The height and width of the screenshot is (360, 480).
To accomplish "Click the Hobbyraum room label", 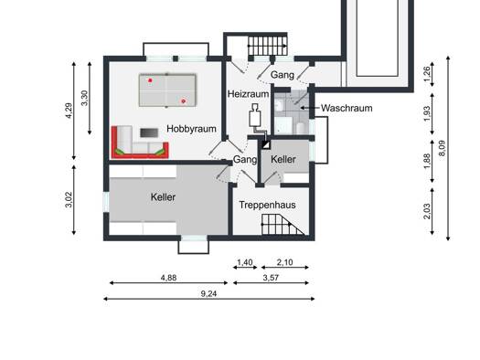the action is (x=191, y=129).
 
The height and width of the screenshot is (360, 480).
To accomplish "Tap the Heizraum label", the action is (x=249, y=94).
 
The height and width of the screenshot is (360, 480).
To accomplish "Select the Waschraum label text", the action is (x=347, y=108).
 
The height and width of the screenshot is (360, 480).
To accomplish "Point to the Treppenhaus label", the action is (x=267, y=205).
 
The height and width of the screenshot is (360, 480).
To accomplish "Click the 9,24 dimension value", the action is (x=208, y=293).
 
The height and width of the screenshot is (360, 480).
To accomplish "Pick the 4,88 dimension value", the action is (x=168, y=278).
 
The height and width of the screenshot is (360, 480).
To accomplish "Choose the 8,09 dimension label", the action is (x=442, y=148).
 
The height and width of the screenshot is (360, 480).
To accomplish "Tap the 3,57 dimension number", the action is (x=271, y=278).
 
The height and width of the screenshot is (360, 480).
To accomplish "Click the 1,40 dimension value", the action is (x=245, y=262).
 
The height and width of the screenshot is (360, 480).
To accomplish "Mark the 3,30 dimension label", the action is (x=84, y=98).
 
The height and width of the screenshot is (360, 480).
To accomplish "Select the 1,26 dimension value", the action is (x=427, y=74).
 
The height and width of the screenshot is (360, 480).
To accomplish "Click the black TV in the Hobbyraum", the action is (x=149, y=132).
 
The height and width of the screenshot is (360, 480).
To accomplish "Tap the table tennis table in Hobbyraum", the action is (x=167, y=90).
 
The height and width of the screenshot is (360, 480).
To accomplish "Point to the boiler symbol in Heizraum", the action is (x=255, y=116).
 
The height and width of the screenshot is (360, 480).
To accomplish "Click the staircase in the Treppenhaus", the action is (x=283, y=224).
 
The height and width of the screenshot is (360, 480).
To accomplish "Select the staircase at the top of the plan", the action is (x=268, y=46).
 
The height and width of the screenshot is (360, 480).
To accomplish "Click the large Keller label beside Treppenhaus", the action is (x=163, y=197).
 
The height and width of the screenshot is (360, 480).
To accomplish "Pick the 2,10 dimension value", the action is (x=284, y=262).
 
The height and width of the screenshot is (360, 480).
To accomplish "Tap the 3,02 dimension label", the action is (x=69, y=200).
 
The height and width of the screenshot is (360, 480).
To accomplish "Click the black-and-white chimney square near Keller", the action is (x=266, y=144).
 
